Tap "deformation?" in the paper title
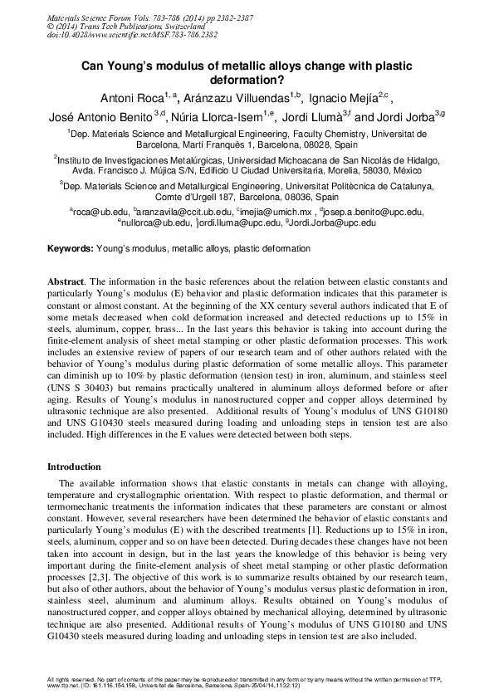(247, 80)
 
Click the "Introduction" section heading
(74, 467)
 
